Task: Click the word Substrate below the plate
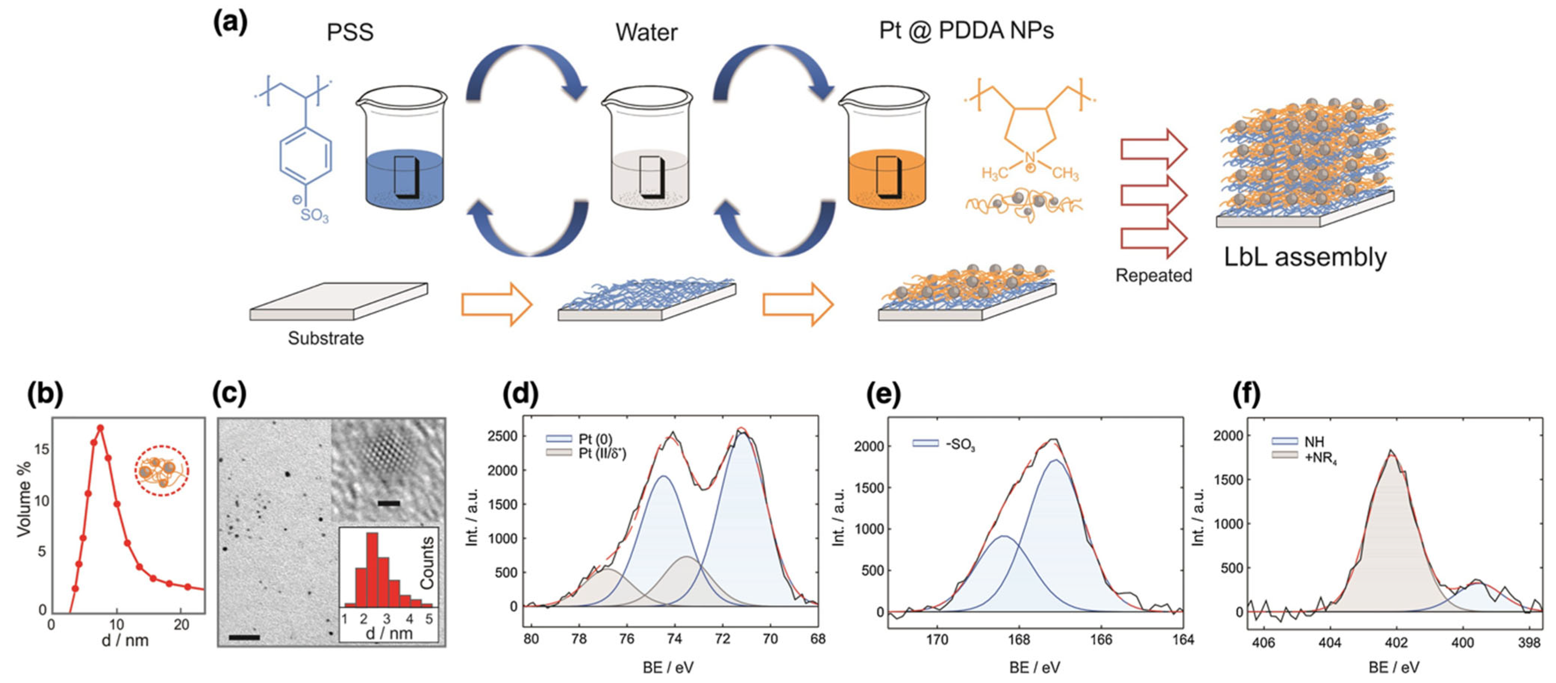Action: click(x=326, y=338)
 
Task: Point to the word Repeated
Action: click(x=1153, y=275)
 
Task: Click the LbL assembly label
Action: click(x=1305, y=257)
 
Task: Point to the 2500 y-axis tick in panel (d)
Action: click(x=505, y=436)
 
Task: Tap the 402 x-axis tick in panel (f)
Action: click(x=1395, y=642)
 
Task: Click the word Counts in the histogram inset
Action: click(x=427, y=562)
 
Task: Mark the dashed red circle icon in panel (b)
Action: click(x=161, y=471)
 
